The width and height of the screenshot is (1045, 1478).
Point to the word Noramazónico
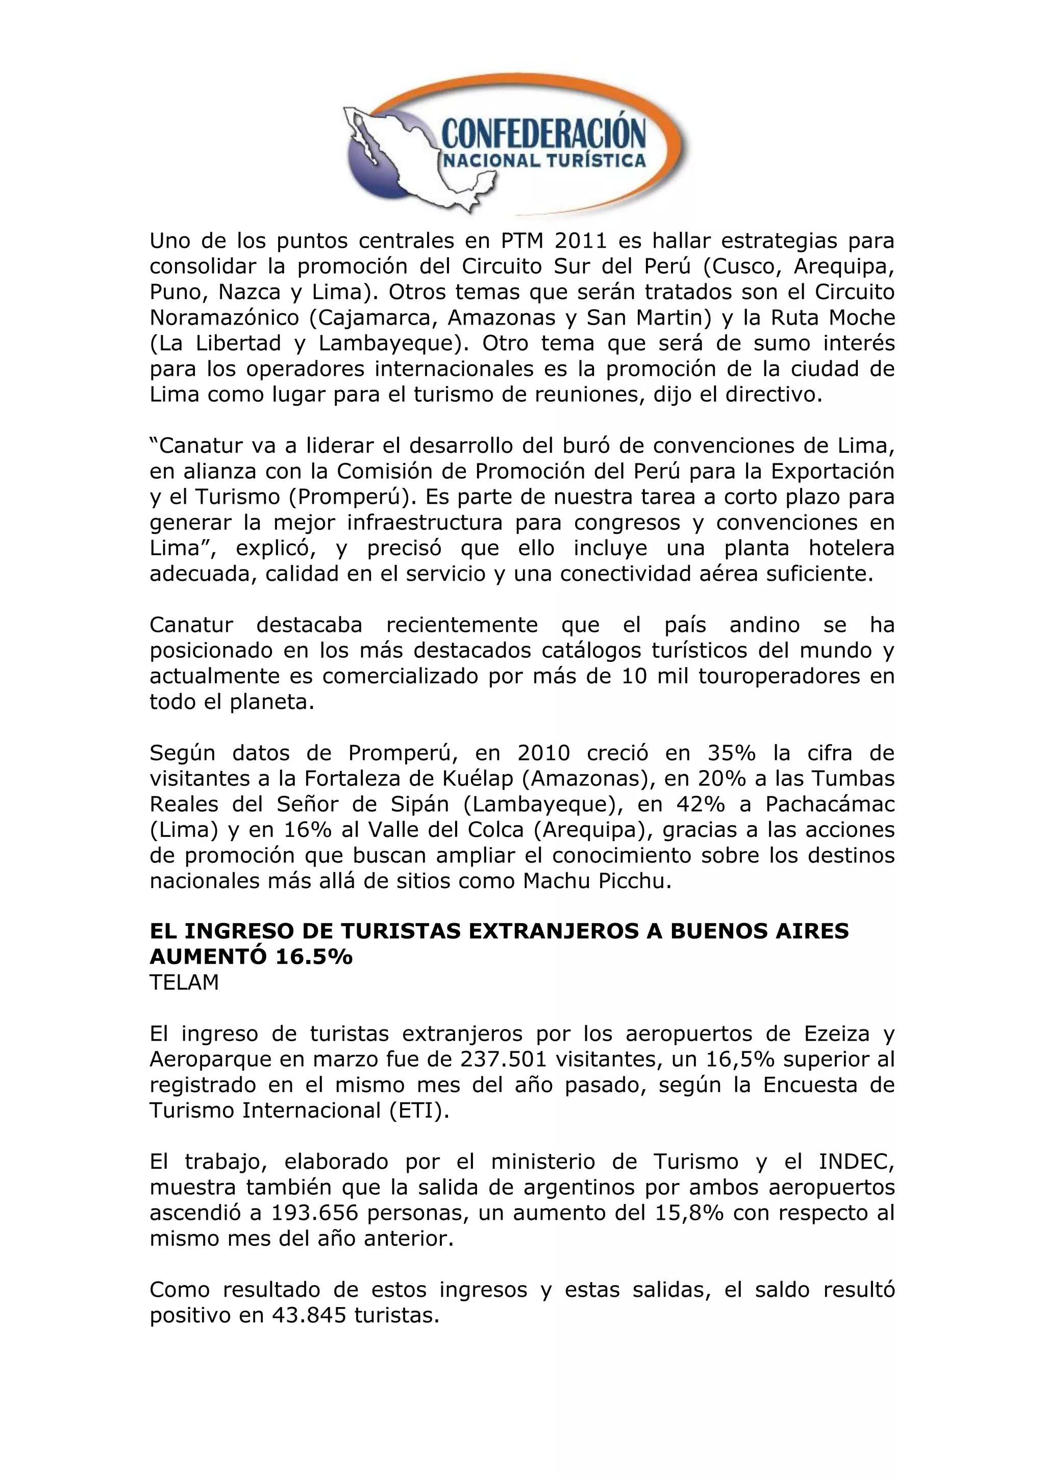[x=219, y=318]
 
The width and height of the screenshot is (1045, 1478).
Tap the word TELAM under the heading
[x=184, y=983]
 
